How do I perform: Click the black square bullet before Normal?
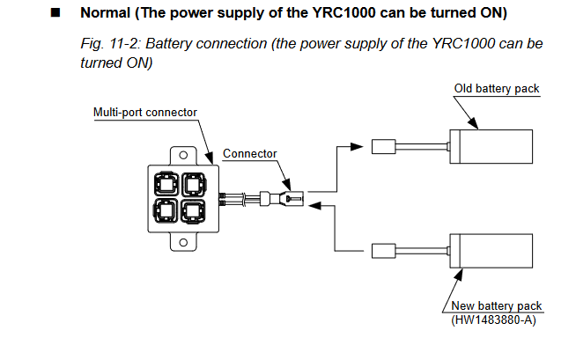56,14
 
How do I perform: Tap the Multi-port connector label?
145,112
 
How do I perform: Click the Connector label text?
249,153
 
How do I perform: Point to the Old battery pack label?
497,89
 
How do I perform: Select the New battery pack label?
498,305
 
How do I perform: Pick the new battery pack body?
492,250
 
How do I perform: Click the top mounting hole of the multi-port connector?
182,157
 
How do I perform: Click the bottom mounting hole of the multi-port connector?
182,240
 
